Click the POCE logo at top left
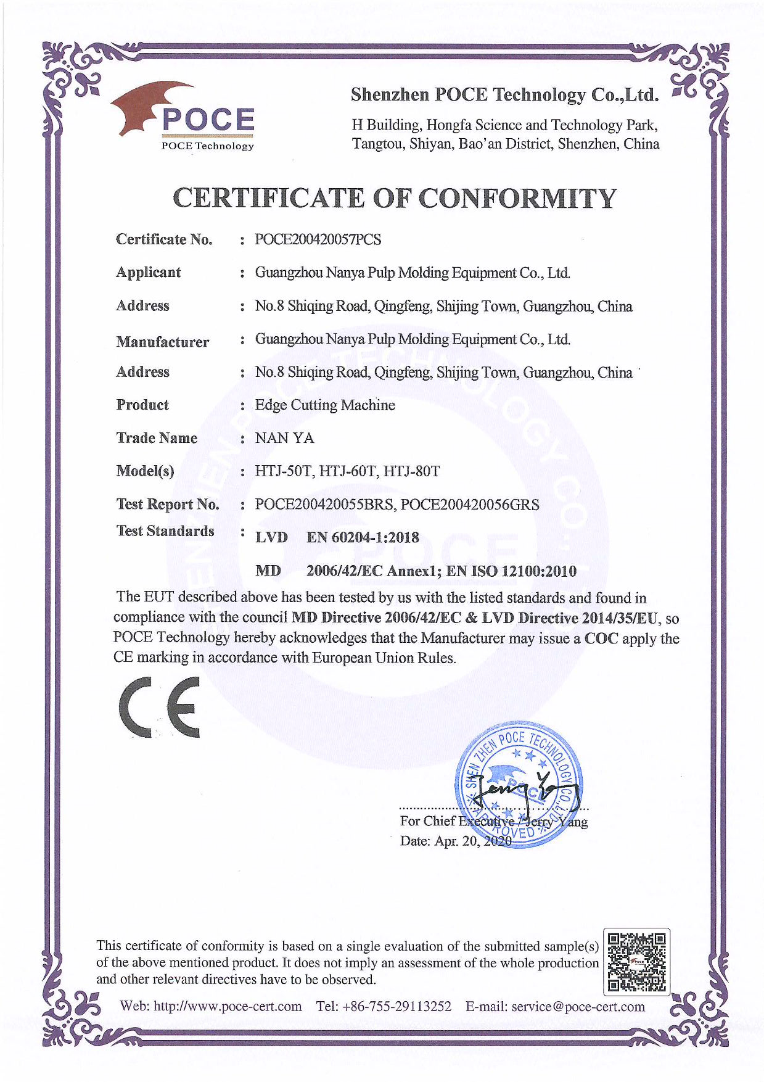pos(183,117)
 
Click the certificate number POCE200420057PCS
pos(318,239)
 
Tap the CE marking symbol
pos(160,707)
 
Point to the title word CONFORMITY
pos(517,199)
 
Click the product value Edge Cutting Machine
pos(325,405)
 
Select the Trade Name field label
pos(157,438)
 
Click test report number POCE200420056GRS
pos(470,505)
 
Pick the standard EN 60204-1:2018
pos(363,537)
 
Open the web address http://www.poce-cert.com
pos(228,1007)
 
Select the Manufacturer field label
pos(162,342)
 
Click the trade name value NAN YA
pos(285,438)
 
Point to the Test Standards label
pos(165,531)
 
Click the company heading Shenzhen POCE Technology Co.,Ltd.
pos(504,95)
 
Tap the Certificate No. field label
pos(164,239)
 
